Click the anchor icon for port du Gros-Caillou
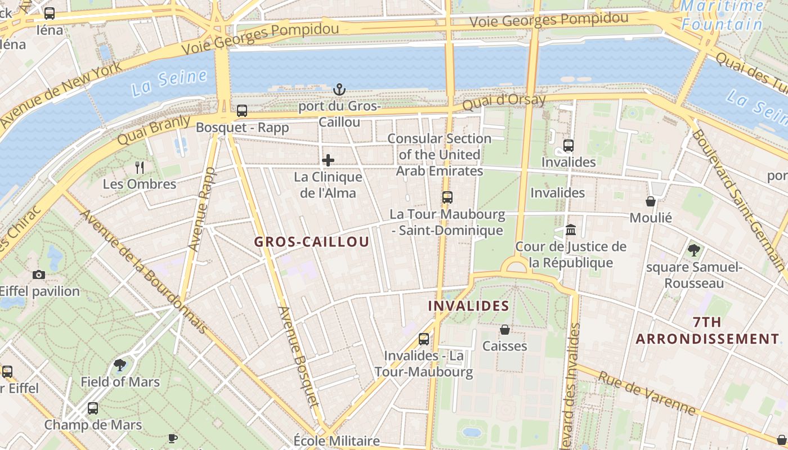[339, 89]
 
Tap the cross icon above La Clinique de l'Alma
[328, 161]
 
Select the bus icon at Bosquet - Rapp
[242, 111]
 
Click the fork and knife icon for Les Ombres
[140, 167]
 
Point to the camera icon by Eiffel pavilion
[39, 274]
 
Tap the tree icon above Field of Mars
[119, 365]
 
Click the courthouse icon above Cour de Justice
[571, 229]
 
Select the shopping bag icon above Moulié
[651, 201]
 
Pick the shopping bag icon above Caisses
[505, 330]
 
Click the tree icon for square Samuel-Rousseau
[694, 250]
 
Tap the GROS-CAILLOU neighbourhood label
[312, 242]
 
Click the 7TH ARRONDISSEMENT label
[708, 331]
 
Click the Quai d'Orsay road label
[504, 102]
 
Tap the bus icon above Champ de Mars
[93, 408]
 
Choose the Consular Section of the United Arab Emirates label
[439, 155]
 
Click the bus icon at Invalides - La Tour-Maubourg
[424, 339]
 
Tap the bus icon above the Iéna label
[50, 13]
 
